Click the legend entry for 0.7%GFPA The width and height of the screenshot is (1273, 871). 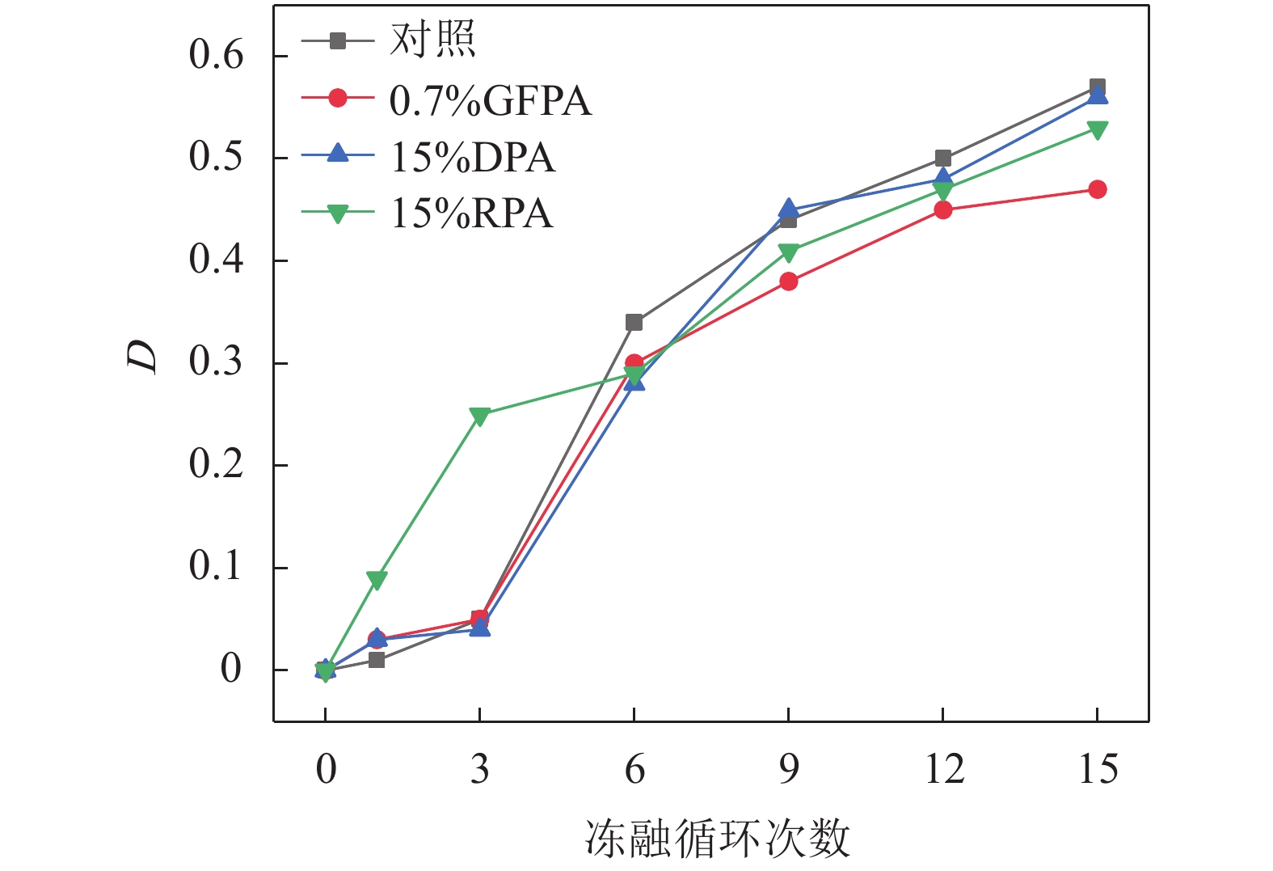(x=490, y=101)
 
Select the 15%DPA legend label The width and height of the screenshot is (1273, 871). (x=473, y=158)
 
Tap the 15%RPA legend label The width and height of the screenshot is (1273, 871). (x=472, y=214)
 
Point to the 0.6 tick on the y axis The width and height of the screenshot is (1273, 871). (x=216, y=55)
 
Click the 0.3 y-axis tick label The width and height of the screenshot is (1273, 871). (x=216, y=362)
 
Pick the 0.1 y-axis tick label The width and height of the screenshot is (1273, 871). (x=216, y=567)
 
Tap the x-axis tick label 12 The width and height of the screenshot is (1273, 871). (x=943, y=769)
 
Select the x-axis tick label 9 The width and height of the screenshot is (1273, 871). (x=789, y=769)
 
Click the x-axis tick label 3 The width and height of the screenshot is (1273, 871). (x=480, y=769)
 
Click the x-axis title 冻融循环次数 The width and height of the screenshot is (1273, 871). (x=718, y=839)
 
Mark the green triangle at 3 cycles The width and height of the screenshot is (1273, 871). (x=480, y=416)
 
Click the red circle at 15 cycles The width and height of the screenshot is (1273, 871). (x=1098, y=189)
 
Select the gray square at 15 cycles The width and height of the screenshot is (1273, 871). (x=1098, y=87)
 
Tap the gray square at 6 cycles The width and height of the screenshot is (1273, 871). (x=634, y=323)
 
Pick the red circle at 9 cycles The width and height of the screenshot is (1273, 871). (x=789, y=281)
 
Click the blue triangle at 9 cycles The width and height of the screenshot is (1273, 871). (x=789, y=209)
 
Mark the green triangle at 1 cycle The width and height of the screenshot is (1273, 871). (x=377, y=579)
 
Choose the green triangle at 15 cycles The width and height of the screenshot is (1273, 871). (x=1098, y=129)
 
